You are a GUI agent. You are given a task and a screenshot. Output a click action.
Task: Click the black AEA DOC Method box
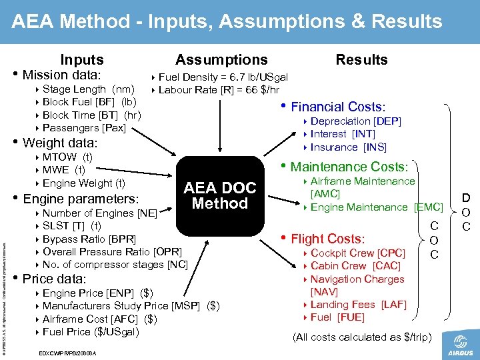(219, 195)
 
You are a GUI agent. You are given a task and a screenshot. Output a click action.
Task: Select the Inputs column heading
(82, 60)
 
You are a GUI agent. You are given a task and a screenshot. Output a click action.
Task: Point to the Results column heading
(361, 60)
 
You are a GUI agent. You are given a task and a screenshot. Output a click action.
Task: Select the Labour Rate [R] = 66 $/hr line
(219, 90)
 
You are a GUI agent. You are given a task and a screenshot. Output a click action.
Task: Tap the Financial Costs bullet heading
(337, 107)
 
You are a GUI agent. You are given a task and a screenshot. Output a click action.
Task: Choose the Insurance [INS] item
(348, 147)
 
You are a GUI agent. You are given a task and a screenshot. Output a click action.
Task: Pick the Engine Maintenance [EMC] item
(377, 208)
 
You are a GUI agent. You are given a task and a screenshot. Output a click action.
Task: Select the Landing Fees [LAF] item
(358, 305)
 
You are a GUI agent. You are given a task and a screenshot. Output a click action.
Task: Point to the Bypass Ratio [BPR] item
(89, 239)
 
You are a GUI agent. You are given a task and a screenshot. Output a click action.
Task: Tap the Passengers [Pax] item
(83, 128)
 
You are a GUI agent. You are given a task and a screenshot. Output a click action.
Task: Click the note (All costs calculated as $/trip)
(362, 337)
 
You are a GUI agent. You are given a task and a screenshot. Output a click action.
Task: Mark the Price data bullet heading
(54, 279)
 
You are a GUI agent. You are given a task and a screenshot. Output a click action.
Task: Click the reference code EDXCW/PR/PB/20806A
(69, 352)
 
